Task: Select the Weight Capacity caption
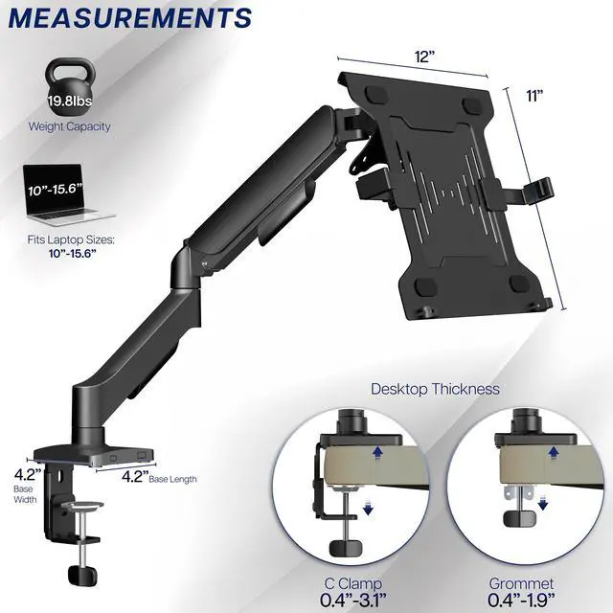pos(69,126)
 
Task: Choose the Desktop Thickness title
pos(435,389)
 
